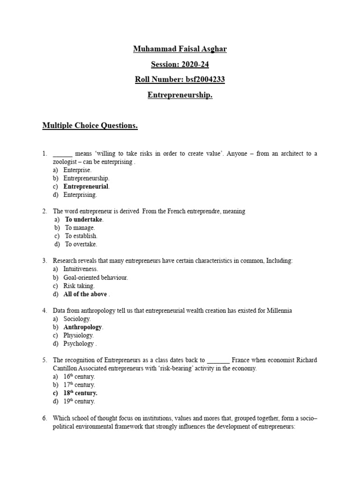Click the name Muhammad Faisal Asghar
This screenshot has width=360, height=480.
180,49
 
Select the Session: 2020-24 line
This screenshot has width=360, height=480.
180,64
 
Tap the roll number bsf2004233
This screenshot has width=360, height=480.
180,79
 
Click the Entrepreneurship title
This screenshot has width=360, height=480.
180,95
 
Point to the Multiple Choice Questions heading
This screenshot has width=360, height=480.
90,126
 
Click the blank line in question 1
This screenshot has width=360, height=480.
63,154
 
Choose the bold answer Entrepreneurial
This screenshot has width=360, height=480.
86,187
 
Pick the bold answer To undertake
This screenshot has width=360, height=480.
84,219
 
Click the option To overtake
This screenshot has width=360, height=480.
81,244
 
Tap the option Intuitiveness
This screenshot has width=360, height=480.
81,269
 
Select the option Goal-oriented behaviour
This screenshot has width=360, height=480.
96,277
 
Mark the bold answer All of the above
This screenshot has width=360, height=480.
85,294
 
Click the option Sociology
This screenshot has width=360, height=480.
77,319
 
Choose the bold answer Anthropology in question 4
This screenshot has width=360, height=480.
82,327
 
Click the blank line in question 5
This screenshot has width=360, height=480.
218,360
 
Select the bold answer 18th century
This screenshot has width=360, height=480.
80,393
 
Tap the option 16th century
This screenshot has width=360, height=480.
79,377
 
